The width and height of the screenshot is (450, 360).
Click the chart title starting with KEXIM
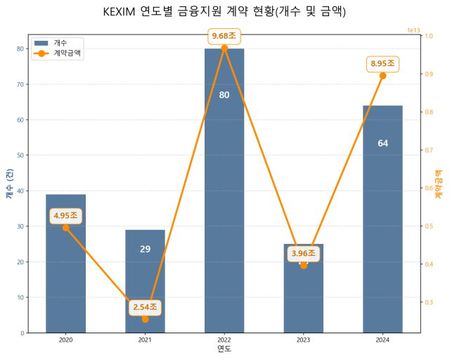224,12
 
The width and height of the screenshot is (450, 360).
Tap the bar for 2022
224,190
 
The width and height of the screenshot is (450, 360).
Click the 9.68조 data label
224,36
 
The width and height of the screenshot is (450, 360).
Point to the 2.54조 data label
145,307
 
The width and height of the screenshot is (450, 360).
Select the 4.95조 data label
65,216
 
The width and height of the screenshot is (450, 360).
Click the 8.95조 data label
382,64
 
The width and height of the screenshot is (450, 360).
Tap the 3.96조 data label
304,254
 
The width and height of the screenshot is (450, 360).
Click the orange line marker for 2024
382,75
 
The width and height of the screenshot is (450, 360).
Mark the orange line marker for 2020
65,227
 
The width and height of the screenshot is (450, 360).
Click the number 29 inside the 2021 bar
145,249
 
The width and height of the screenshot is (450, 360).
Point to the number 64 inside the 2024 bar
382,143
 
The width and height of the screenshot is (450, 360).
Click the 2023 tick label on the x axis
304,340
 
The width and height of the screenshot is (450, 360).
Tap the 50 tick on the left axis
20,155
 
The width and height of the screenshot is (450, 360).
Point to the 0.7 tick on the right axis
429,150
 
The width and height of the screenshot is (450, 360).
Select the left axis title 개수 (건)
9,184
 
